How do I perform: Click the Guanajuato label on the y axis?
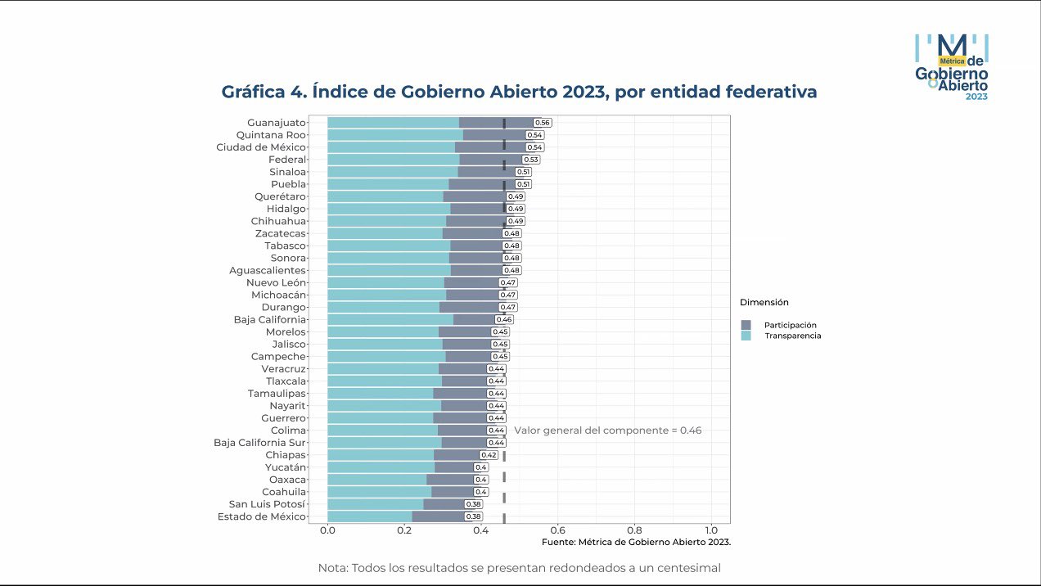coord(277,123)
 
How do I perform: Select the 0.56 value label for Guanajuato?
coord(543,123)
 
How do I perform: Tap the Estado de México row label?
coord(262,516)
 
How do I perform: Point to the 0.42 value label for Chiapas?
coord(489,455)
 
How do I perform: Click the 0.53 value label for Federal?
coord(531,160)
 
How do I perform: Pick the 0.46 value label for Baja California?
coord(504,319)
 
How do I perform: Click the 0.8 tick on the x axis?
coord(634,531)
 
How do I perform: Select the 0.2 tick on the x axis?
coord(404,531)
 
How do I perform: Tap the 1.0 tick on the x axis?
coord(710,531)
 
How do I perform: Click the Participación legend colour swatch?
coord(746,325)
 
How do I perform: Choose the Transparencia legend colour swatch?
coord(746,336)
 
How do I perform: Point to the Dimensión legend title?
coord(764,303)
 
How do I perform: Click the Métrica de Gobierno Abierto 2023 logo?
coord(952,67)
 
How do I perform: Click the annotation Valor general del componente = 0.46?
coord(607,430)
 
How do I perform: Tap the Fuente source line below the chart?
coord(636,542)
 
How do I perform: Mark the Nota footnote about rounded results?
coord(519,568)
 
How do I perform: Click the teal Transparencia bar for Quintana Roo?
coord(394,135)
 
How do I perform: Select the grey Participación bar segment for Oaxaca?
coord(450,480)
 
